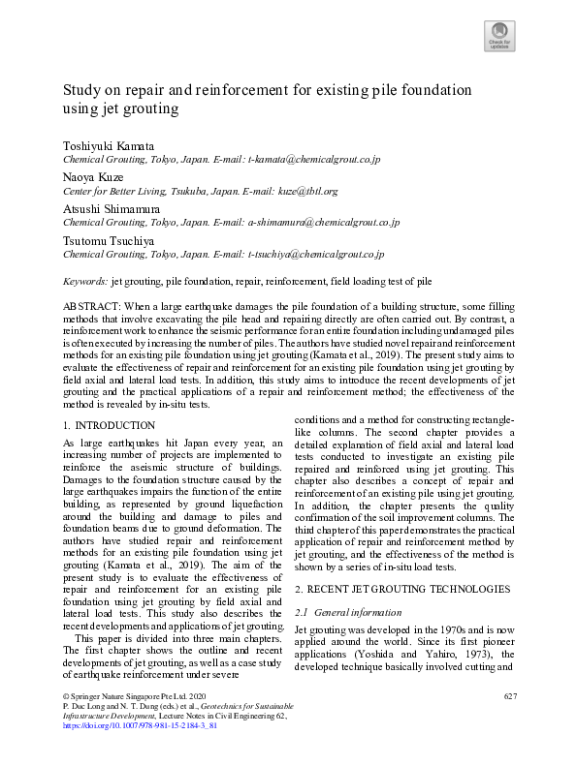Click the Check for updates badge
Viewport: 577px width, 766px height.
(x=498, y=36)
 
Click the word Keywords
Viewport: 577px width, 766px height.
(x=84, y=281)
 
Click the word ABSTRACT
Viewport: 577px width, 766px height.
(x=90, y=305)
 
